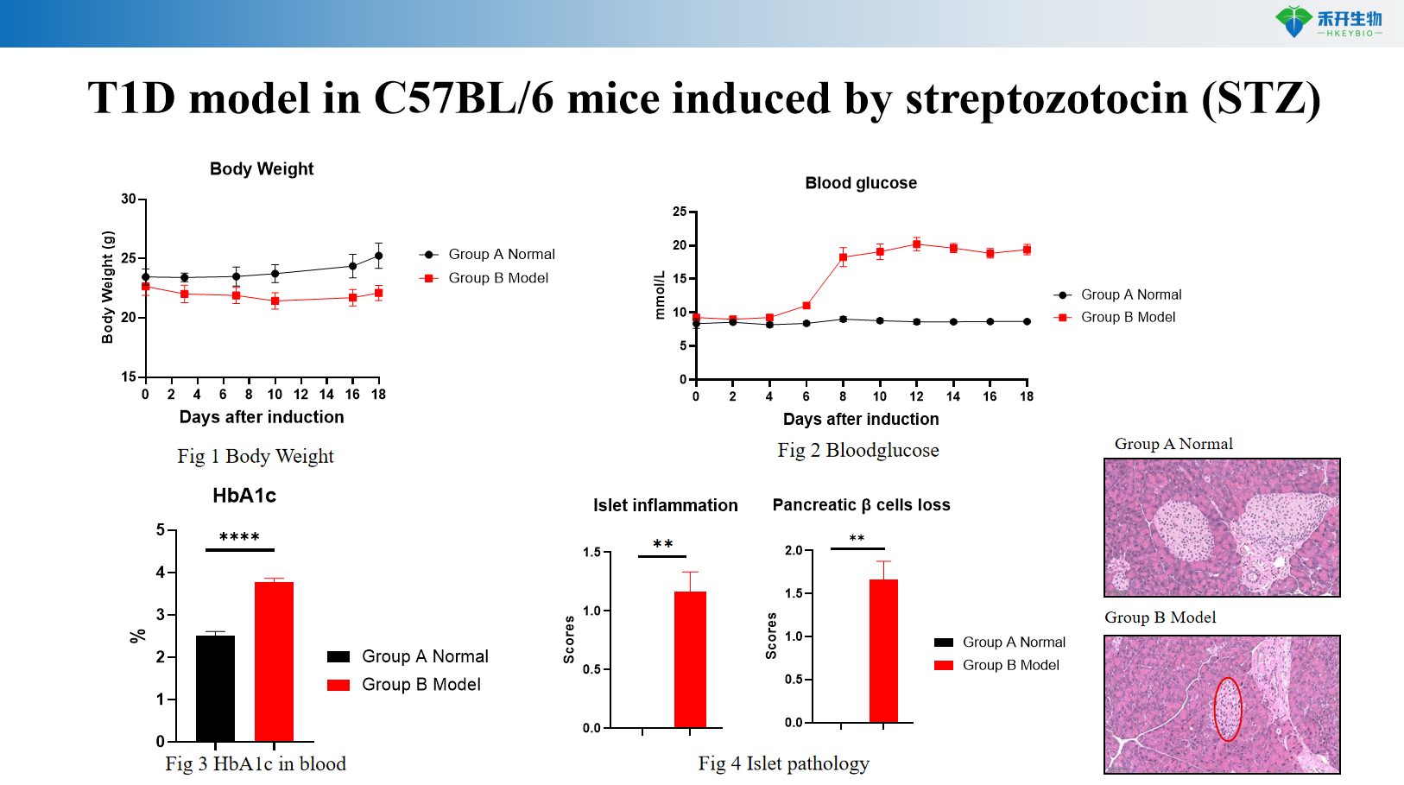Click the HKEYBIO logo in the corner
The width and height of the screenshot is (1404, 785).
tap(1329, 22)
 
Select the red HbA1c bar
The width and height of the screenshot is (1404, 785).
tap(274, 661)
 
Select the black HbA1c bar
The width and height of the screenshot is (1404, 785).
tap(215, 687)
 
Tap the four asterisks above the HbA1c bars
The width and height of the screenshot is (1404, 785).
tap(239, 537)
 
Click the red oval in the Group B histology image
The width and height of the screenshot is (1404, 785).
tap(1228, 709)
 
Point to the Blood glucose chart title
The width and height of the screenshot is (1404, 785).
tap(861, 183)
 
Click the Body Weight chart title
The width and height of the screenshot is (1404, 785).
tap(262, 169)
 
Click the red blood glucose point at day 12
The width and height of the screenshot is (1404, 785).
tap(916, 244)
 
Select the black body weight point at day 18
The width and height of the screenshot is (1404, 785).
tap(378, 256)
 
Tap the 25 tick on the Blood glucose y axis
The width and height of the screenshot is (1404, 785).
tap(680, 212)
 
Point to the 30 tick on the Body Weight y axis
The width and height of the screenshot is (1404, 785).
tap(129, 199)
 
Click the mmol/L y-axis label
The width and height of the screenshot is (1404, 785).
tap(661, 295)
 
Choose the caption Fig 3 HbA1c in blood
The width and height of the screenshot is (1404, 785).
tap(256, 764)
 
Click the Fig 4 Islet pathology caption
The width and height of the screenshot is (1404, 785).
tap(783, 763)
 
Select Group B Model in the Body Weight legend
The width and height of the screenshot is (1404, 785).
tap(498, 278)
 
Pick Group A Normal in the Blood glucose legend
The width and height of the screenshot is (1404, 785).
tap(1131, 294)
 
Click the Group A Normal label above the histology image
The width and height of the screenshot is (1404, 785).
tap(1173, 444)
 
